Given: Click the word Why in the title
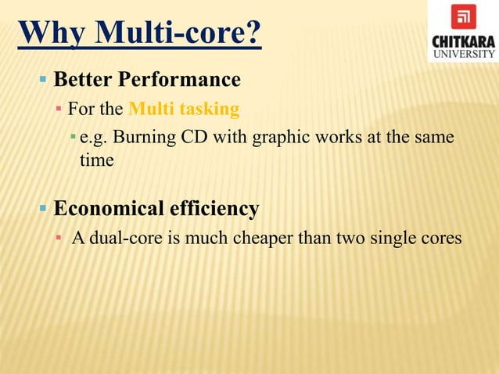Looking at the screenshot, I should pos(53,34).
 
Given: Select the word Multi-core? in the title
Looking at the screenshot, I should pos(178,34).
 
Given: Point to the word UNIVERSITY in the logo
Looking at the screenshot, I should pos(463,53).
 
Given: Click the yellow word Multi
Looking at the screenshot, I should pos(147,107).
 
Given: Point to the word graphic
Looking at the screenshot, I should pos(275,138).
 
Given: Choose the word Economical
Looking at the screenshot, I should pos(107,209).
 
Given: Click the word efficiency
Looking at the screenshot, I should pos(213,209).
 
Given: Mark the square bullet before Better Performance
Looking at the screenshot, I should pos(44,80).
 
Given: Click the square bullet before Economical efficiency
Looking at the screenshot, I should pos(44,209).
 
